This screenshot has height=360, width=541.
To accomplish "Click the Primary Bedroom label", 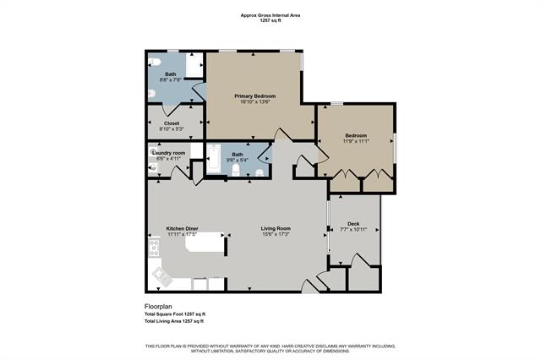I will (254, 96).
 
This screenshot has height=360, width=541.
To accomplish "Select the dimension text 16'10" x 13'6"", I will (254, 102).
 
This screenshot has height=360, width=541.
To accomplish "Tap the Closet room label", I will (172, 123).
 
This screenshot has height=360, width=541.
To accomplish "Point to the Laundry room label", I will (169, 152).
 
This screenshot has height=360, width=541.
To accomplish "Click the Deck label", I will (353, 223).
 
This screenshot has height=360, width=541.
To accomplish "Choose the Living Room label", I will (276, 228).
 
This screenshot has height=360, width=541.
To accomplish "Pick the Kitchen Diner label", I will (182, 228).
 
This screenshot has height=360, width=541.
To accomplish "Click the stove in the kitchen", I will (155, 248).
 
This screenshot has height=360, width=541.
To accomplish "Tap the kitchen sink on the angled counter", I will (160, 274).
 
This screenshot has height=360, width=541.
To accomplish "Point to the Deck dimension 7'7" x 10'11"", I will (353, 229).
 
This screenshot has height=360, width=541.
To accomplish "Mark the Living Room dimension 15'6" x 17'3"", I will (276, 234).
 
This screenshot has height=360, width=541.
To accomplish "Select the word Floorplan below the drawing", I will (158, 307).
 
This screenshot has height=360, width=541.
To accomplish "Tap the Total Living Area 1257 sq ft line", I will (174, 322).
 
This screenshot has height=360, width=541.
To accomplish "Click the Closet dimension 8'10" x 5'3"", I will (172, 128).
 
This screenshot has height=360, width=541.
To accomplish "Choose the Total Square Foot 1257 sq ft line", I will (175, 314).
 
